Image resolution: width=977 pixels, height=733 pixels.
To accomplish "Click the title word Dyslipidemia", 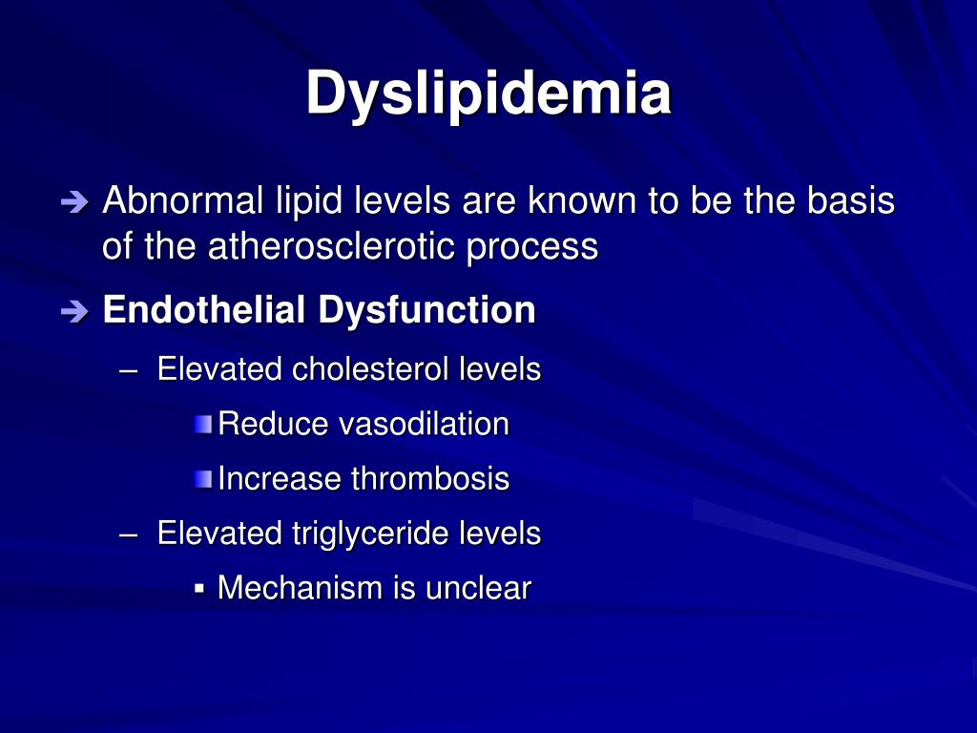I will click(488, 94).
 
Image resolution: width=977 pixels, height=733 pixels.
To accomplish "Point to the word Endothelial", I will click(205, 310).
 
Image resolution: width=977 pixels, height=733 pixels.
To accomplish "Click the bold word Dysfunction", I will click(426, 310).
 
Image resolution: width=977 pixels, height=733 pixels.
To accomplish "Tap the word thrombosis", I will click(430, 478).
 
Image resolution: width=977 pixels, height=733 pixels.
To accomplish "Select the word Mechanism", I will click(300, 588).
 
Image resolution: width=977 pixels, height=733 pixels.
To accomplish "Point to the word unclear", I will click(477, 588).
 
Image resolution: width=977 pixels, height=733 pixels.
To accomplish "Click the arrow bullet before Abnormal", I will click(73, 202).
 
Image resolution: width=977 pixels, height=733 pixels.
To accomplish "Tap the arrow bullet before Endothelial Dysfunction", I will click(73, 311).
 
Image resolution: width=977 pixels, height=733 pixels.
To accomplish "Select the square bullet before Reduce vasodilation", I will click(202, 424).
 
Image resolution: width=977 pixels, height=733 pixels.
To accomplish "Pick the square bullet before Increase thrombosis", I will click(202, 479).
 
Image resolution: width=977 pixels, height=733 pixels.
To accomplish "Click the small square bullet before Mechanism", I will click(199, 587).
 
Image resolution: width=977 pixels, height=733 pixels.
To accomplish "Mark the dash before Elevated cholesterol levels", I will click(131, 370).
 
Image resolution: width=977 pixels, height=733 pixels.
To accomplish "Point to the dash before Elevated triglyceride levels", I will click(131, 534).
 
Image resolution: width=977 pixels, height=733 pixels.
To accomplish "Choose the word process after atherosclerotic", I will click(532, 247).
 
